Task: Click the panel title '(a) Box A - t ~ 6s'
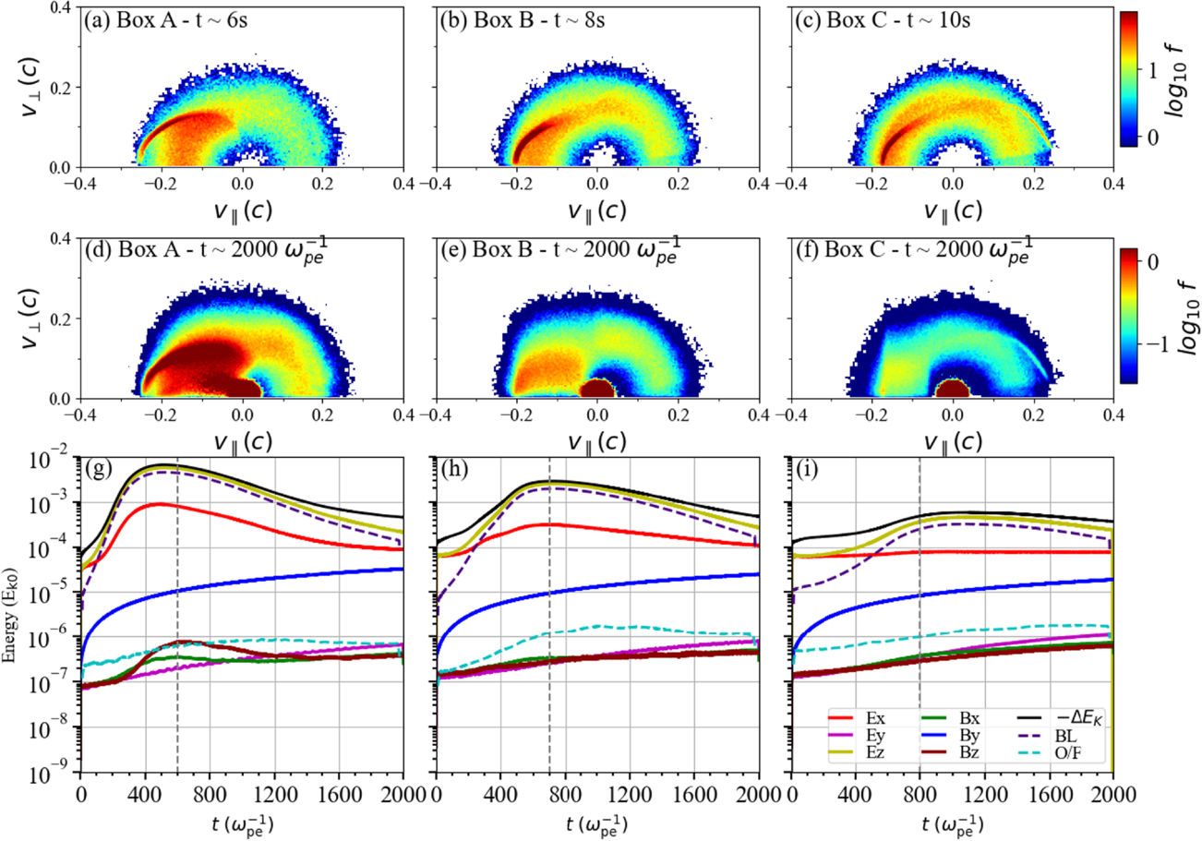[166, 20]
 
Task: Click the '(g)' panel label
[99, 469]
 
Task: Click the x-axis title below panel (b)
[597, 210]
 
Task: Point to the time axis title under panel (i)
[953, 823]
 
